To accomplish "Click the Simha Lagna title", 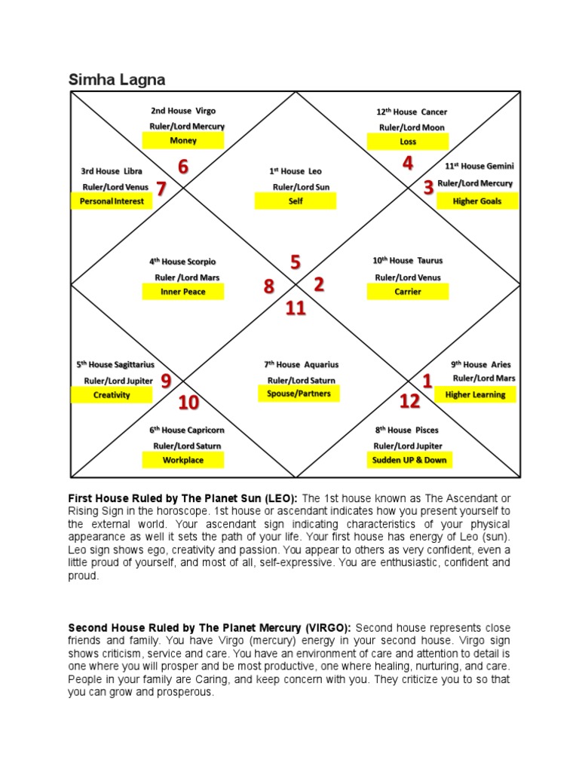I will (117, 79).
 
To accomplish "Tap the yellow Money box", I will (183, 141).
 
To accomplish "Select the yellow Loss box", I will (408, 142).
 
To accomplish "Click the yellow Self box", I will (296, 201).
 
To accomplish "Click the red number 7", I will (161, 188).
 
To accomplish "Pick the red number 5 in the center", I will (296, 262).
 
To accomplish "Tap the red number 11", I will (296, 308).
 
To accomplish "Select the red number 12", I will (409, 402).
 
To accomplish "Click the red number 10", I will (188, 403).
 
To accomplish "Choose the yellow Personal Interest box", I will (112, 201).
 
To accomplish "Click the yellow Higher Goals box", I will (477, 201).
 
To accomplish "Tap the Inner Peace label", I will (183, 292).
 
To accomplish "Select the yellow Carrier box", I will (408, 292).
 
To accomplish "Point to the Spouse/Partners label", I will (299, 394).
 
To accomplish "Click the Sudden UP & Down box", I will (409, 460).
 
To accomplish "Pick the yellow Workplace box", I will (183, 460).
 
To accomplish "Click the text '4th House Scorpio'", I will (182, 262).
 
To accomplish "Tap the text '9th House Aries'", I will (480, 364).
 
